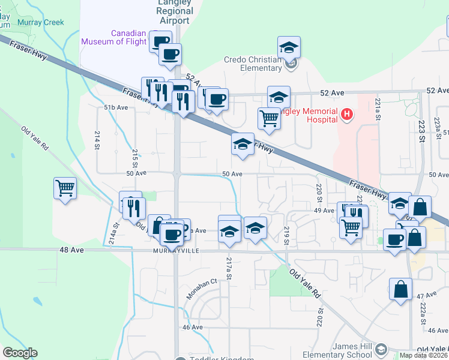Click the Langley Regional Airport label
(175, 11)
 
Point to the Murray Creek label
(41, 22)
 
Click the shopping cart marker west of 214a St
(65, 188)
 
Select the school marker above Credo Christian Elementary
(289, 47)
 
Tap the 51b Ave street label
(116, 107)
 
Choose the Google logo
(20, 353)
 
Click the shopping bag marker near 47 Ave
(400, 290)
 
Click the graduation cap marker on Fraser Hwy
(243, 145)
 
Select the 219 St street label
(287, 236)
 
